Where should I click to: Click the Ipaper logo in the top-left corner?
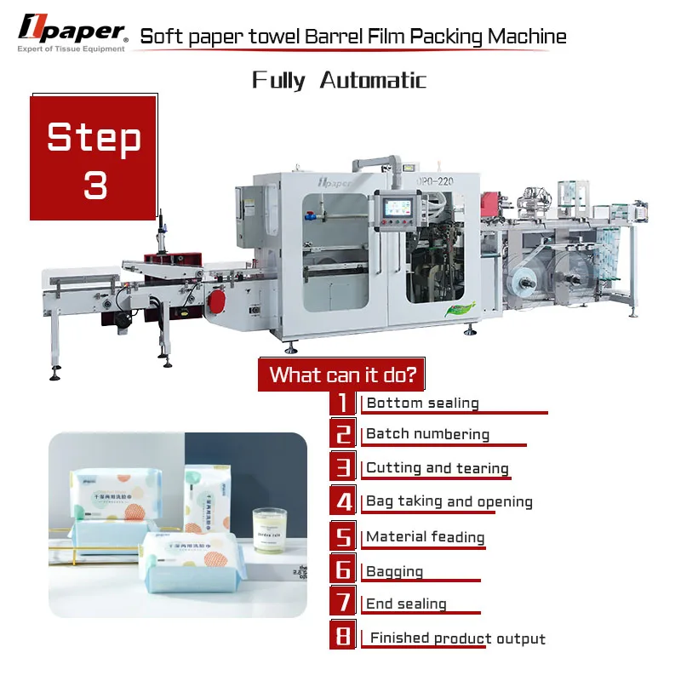click(72, 32)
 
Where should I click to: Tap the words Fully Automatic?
click(339, 81)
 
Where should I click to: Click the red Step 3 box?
click(94, 158)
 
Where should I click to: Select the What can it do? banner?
click(341, 375)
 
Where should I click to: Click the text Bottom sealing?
click(422, 403)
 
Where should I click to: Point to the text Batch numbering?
click(427, 434)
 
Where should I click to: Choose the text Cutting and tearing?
click(437, 468)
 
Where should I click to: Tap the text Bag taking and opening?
click(449, 501)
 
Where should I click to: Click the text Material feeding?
click(425, 537)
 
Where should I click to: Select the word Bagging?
click(394, 571)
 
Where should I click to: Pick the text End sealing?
click(406, 604)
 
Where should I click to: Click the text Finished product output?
click(457, 638)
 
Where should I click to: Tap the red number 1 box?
click(342, 403)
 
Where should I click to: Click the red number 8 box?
click(342, 637)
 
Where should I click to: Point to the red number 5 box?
click(342, 536)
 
